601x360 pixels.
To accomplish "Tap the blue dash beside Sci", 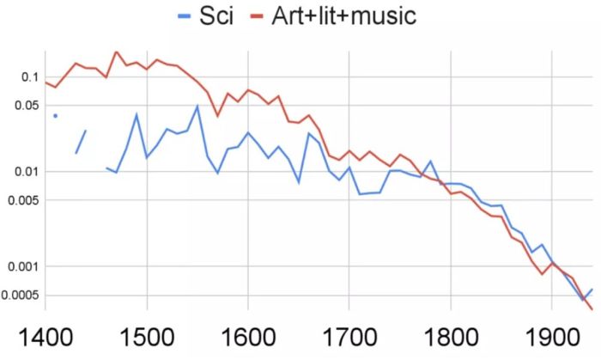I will [184, 15].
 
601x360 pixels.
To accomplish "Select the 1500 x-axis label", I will [147, 336].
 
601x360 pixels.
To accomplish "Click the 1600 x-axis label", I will [248, 336].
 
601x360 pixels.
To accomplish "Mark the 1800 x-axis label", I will [450, 336].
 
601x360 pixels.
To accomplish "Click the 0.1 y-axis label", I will [28, 77].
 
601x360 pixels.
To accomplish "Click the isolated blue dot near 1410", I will [55, 115].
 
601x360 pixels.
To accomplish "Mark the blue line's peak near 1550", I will [197, 107].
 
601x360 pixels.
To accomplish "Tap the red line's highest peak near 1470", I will [116, 52].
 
